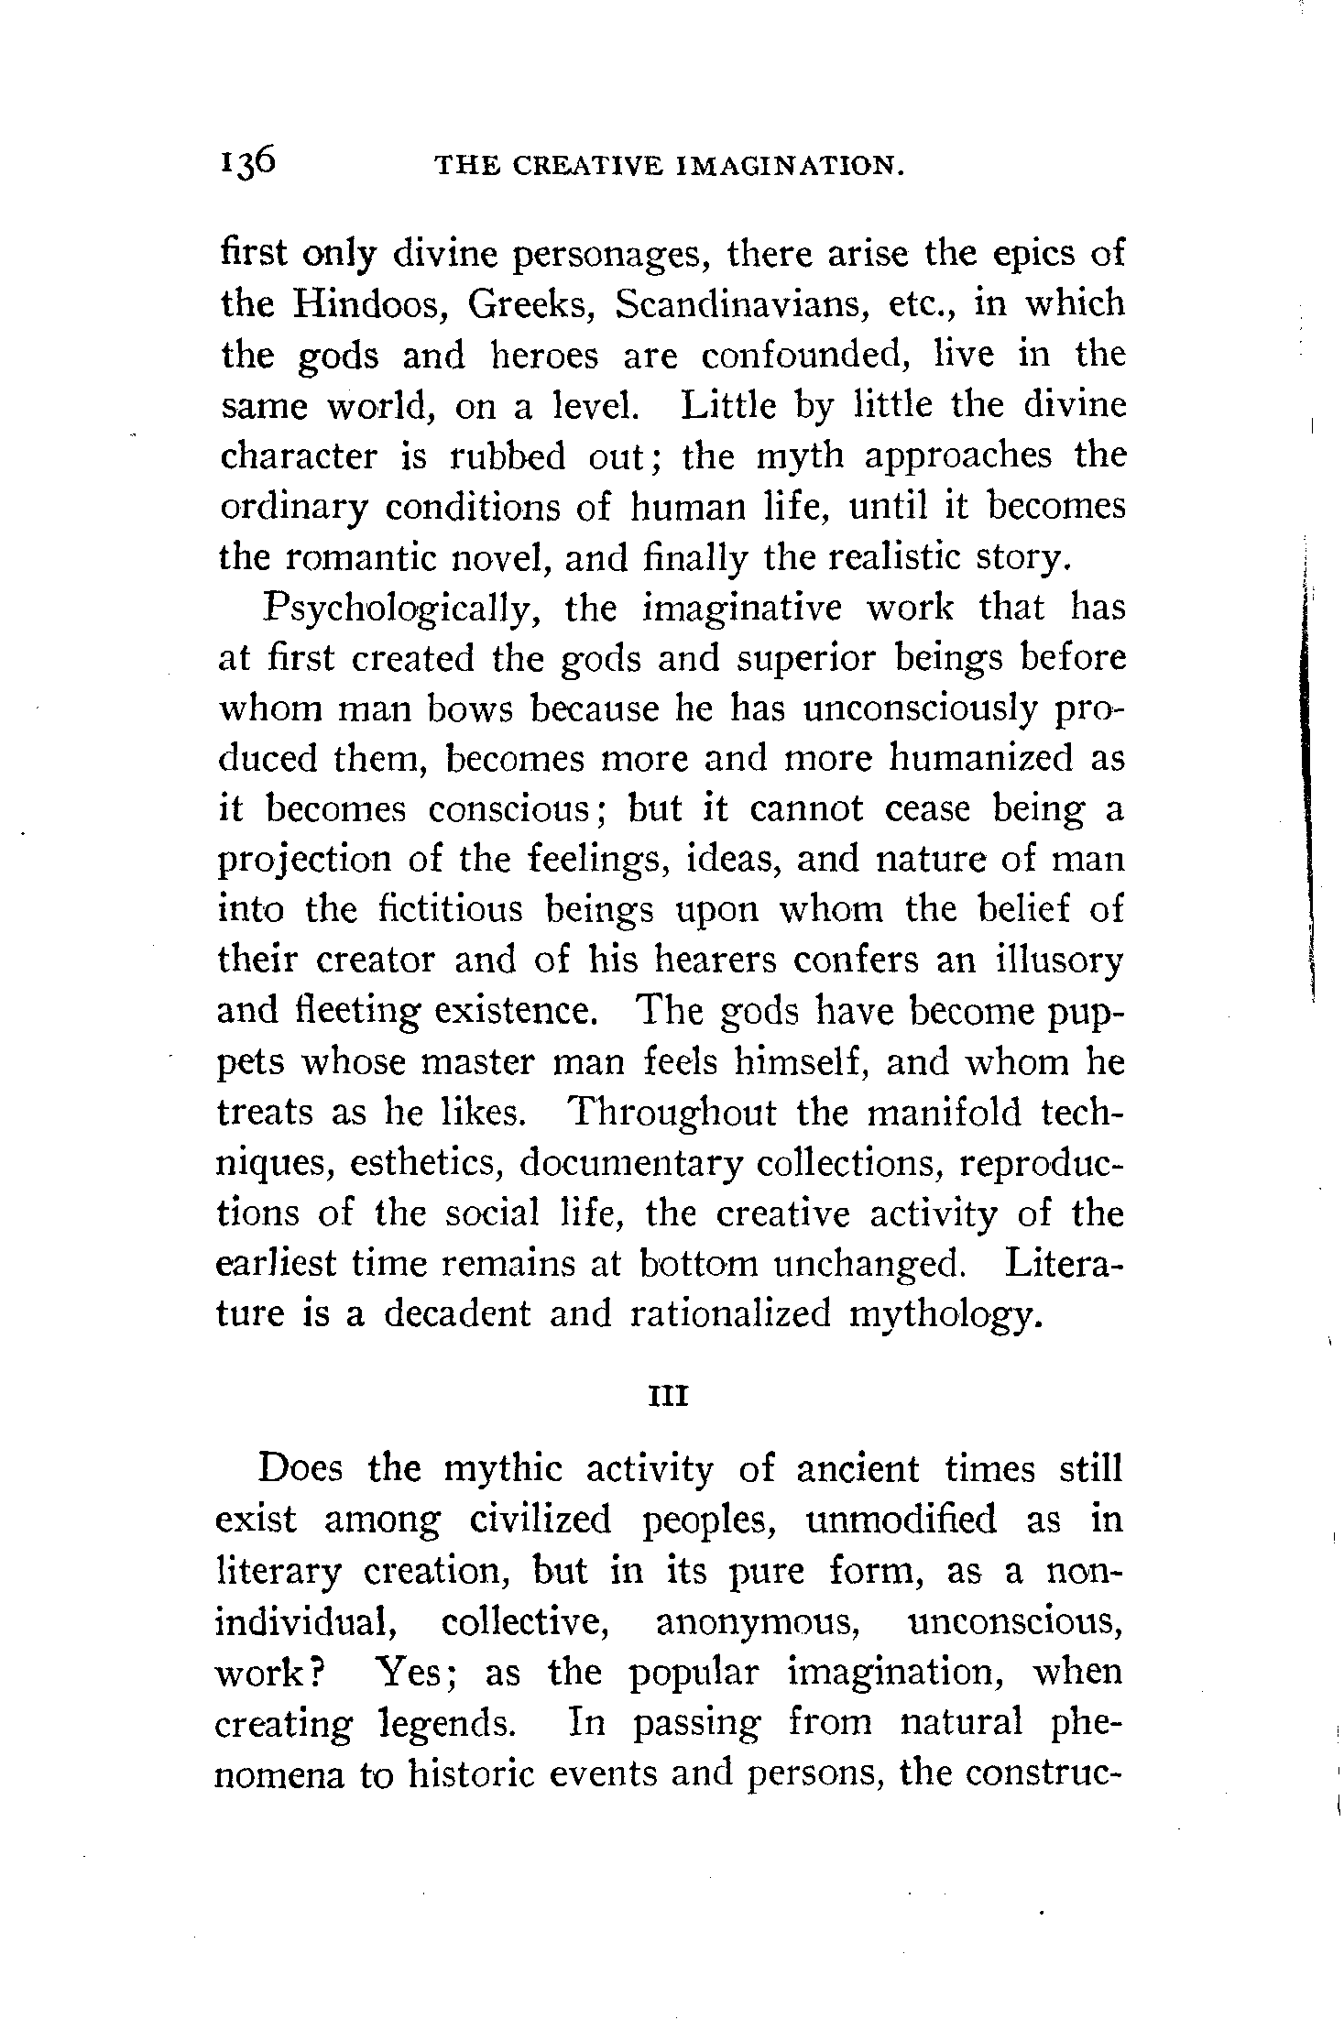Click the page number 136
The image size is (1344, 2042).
(x=247, y=161)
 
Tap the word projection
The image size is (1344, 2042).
(x=302, y=861)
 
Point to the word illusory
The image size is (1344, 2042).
(x=1058, y=961)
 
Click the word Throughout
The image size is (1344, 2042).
(x=672, y=1113)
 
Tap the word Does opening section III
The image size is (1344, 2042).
(x=301, y=1468)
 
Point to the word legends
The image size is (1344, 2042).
(x=445, y=1723)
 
